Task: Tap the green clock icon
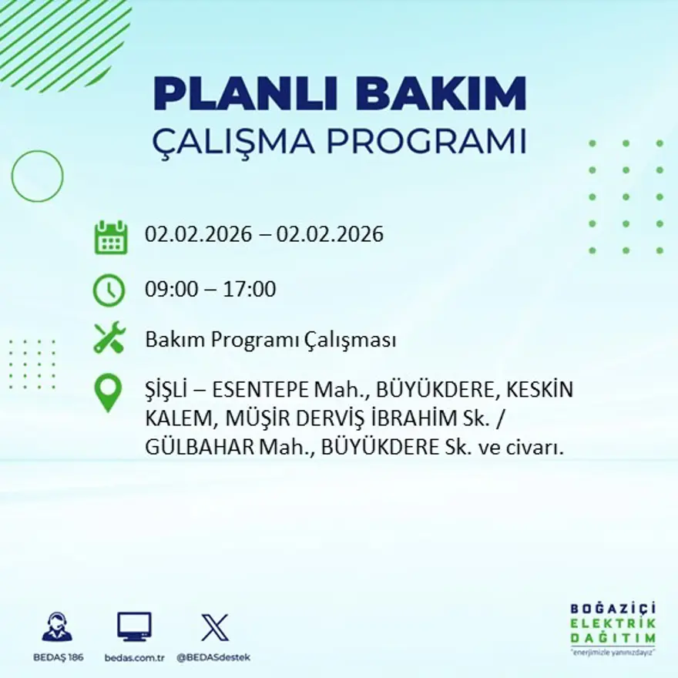click(x=109, y=290)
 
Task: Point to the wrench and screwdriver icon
click(x=109, y=338)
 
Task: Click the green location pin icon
click(x=109, y=392)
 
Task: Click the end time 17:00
click(x=250, y=290)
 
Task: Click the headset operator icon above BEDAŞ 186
click(x=57, y=627)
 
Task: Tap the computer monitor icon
click(x=134, y=627)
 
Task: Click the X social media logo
click(x=213, y=627)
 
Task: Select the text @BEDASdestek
click(x=213, y=657)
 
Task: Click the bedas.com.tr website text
click(x=134, y=657)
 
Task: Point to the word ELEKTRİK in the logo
click(x=613, y=624)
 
